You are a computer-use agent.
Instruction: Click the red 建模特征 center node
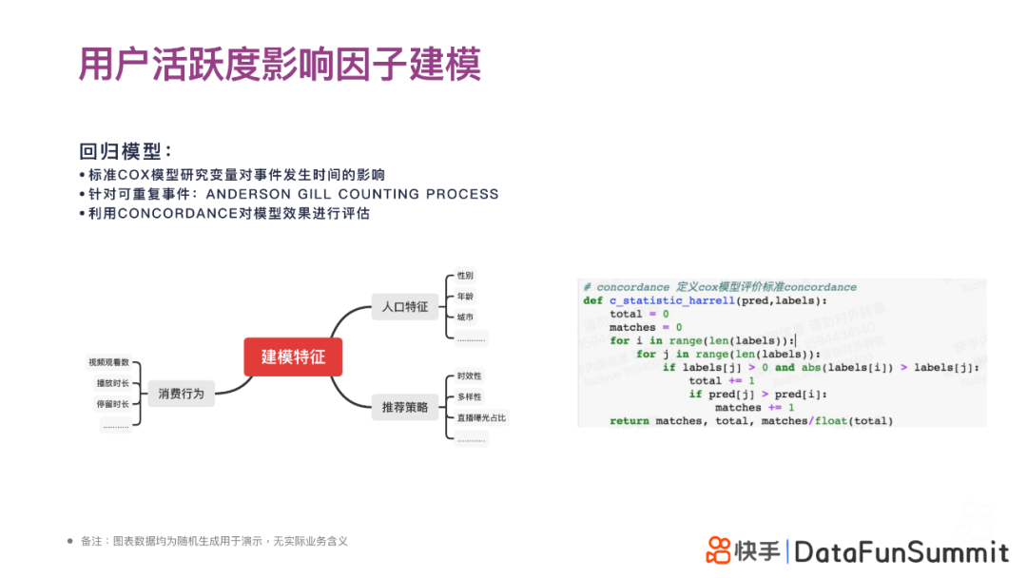coord(293,356)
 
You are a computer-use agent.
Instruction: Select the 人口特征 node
coord(404,307)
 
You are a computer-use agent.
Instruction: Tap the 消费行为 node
coord(181,393)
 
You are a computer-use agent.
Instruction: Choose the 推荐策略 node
coord(404,408)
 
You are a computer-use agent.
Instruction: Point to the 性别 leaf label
coord(465,275)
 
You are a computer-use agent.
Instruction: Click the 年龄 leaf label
coord(465,297)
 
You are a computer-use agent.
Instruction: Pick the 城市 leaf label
coord(465,318)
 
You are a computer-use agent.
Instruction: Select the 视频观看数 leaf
coord(108,362)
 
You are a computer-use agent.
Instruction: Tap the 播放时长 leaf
coord(112,383)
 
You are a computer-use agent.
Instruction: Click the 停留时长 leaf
coord(112,404)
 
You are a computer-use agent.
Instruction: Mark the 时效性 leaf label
coord(469,376)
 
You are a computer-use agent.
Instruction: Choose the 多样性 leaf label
coord(469,396)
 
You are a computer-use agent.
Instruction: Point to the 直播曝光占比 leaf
coord(481,417)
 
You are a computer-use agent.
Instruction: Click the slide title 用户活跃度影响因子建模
coord(280,64)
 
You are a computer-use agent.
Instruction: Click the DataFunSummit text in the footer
coord(901,551)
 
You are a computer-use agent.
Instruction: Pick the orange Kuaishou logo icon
coord(719,549)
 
